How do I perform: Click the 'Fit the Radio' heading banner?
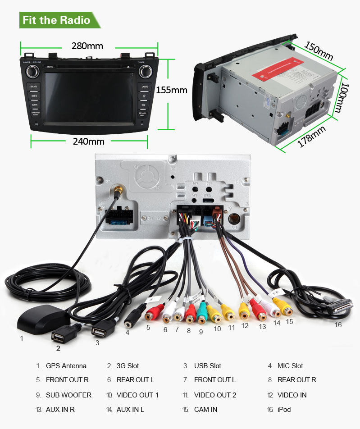tap(56, 20)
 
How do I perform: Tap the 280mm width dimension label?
tap(87, 46)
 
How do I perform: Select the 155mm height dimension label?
tap(171, 90)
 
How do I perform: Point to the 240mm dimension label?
tap(89, 141)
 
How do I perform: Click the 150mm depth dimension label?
tap(319, 51)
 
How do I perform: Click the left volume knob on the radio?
tap(32, 71)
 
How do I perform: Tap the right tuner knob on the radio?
tap(146, 71)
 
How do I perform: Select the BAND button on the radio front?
tap(34, 86)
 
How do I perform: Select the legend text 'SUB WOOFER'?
tap(68, 395)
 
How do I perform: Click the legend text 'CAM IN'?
tap(205, 410)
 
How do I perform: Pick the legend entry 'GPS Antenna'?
tap(66, 366)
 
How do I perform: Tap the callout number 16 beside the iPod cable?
tap(337, 324)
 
